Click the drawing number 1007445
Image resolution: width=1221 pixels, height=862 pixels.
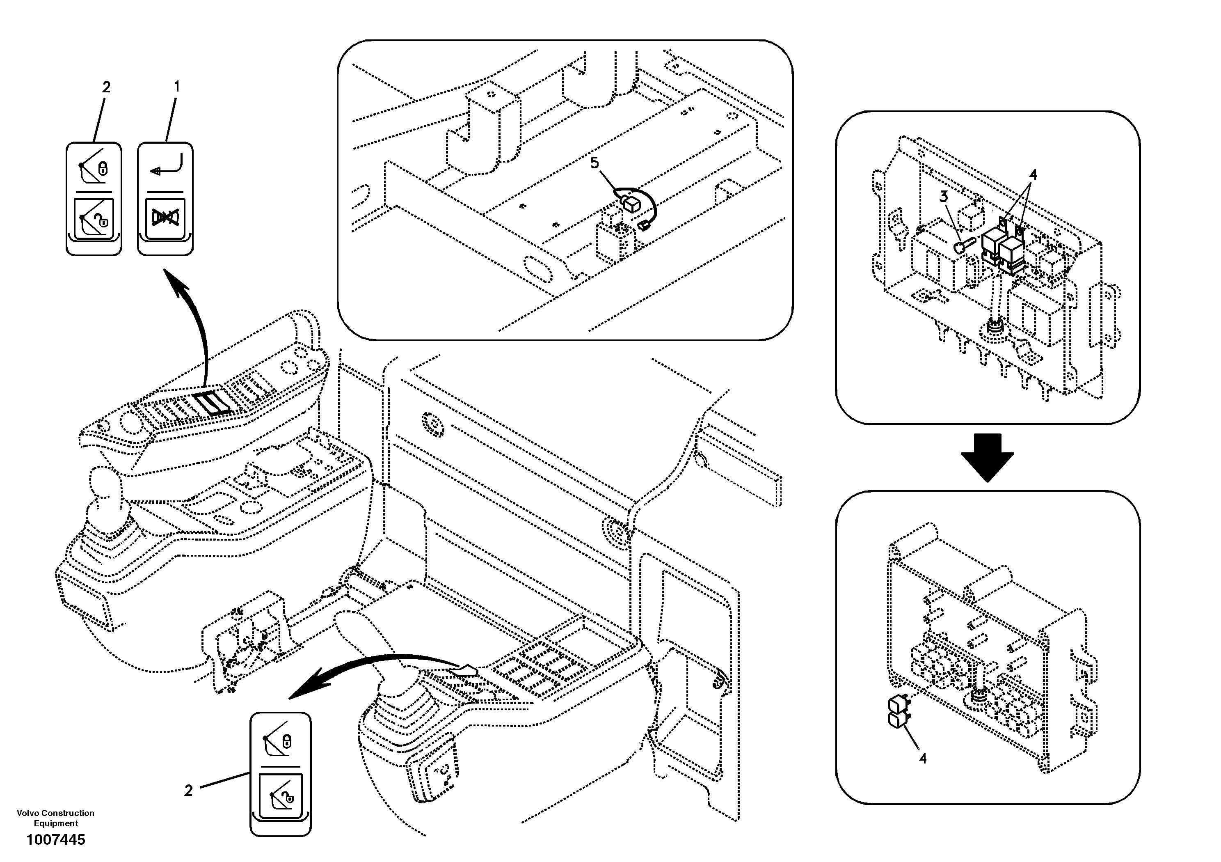click(x=55, y=840)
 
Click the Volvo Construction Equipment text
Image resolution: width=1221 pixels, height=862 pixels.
click(x=55, y=818)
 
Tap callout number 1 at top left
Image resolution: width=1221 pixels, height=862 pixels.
click(x=177, y=86)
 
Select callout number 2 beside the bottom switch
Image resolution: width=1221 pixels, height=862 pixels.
click(x=188, y=791)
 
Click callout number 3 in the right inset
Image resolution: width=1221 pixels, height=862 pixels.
click(x=943, y=196)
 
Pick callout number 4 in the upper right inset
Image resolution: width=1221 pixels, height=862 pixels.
click(x=1033, y=174)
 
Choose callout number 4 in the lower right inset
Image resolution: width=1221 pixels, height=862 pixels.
click(x=923, y=758)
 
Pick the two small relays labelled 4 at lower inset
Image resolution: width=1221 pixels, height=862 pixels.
click(x=899, y=712)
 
